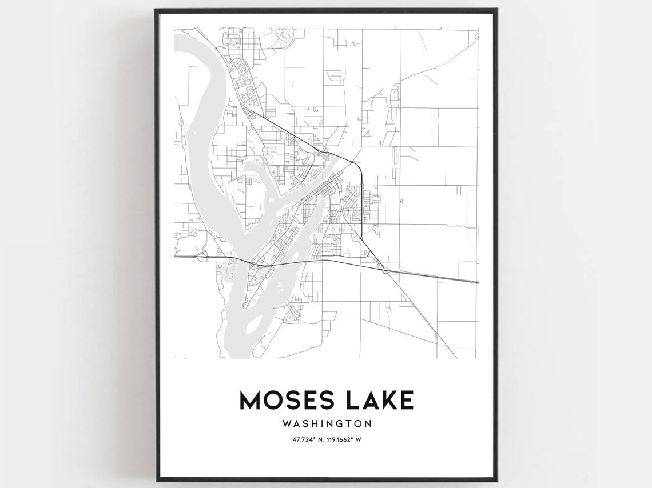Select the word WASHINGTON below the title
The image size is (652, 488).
[326, 424]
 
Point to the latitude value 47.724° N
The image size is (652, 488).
[303, 439]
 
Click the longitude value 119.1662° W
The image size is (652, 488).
[348, 439]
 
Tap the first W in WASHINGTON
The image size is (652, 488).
[286, 424]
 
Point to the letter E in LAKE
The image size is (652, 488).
[405, 400]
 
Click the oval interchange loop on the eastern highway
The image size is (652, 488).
[386, 270]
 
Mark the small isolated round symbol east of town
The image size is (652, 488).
[401, 201]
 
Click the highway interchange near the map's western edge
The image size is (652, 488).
[201, 258]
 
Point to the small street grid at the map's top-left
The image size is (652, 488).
[233, 41]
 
